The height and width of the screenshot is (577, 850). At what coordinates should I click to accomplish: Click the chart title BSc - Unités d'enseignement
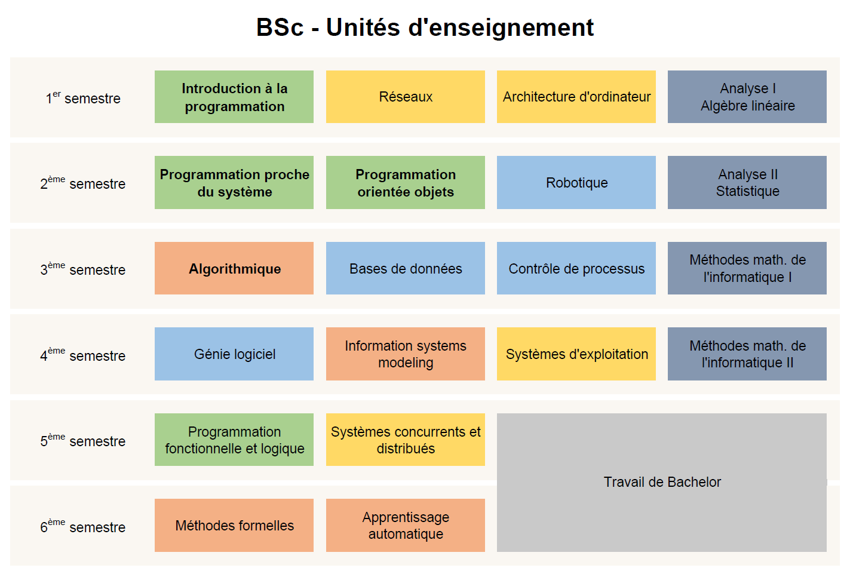(x=425, y=27)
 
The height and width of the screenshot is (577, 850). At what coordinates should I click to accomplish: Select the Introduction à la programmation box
(x=234, y=97)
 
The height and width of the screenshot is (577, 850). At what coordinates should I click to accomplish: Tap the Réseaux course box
(x=405, y=97)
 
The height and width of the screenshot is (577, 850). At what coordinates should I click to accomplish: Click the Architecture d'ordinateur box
(x=576, y=97)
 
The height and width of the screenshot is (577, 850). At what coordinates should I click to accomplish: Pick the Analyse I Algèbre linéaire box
(x=747, y=97)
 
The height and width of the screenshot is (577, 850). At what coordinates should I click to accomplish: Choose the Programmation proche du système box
(x=234, y=183)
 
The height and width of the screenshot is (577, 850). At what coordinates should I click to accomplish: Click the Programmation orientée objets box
(x=405, y=183)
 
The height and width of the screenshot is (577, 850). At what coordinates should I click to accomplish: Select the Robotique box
(x=576, y=183)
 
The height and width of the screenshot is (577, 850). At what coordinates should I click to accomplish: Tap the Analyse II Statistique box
(x=747, y=183)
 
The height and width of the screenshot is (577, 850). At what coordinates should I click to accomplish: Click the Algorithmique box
(x=234, y=269)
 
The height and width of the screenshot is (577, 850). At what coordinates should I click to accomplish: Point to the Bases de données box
(x=405, y=269)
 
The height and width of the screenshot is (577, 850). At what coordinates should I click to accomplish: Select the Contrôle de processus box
(x=576, y=269)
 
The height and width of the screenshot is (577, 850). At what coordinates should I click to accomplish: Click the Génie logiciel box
(x=234, y=354)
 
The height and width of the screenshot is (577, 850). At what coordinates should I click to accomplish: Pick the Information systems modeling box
(x=405, y=354)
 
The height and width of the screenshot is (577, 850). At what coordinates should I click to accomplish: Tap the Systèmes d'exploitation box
(x=576, y=354)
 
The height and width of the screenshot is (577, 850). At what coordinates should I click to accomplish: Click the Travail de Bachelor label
(x=662, y=482)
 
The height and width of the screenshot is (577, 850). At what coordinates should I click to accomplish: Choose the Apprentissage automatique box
(x=405, y=526)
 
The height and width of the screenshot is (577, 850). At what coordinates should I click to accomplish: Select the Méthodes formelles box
(x=234, y=526)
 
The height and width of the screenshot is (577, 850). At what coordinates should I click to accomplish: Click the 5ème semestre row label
(x=83, y=441)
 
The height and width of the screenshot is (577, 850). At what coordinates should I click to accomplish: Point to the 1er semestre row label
(x=83, y=98)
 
